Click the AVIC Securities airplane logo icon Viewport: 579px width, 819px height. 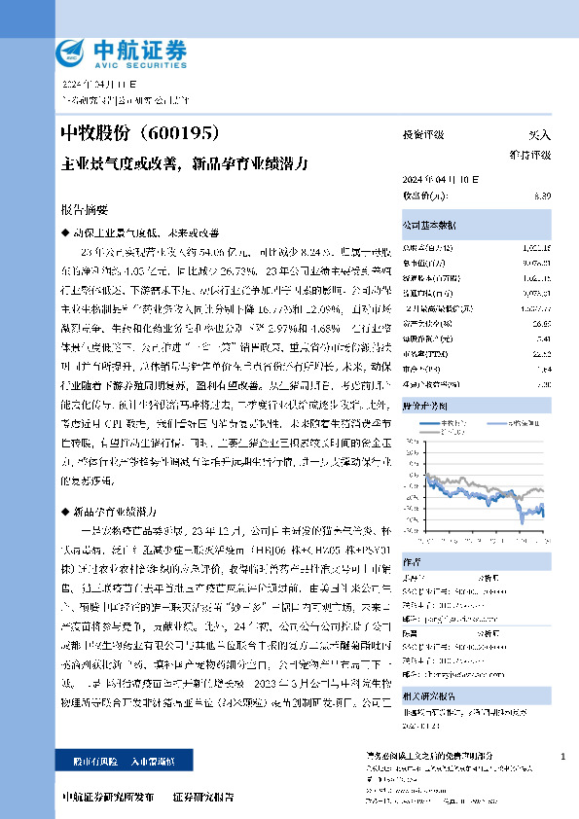(x=68, y=52)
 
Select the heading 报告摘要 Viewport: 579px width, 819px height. (x=84, y=209)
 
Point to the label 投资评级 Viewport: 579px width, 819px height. (x=423, y=135)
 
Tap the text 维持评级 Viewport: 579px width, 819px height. (x=529, y=155)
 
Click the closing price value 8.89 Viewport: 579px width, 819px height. (x=542, y=196)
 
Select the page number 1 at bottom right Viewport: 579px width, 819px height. (x=563, y=756)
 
